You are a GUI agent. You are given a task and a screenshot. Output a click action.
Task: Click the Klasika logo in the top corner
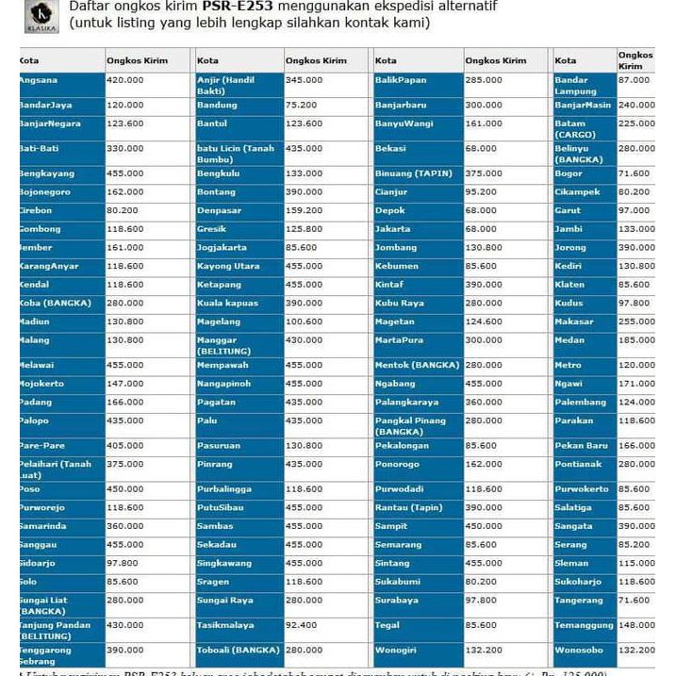[x=41, y=15]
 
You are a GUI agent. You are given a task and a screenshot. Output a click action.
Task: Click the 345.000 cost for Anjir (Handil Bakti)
[x=305, y=80]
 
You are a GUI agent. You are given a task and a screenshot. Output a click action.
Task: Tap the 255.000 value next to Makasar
[x=635, y=322]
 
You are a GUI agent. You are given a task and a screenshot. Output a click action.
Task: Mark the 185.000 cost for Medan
[x=635, y=340]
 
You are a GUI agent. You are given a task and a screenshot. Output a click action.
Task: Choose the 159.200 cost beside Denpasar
[x=305, y=210]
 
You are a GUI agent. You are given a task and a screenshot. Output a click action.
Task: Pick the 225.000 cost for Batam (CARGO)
[x=635, y=124]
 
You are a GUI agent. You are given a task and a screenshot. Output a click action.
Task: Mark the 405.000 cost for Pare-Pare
[x=125, y=445]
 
